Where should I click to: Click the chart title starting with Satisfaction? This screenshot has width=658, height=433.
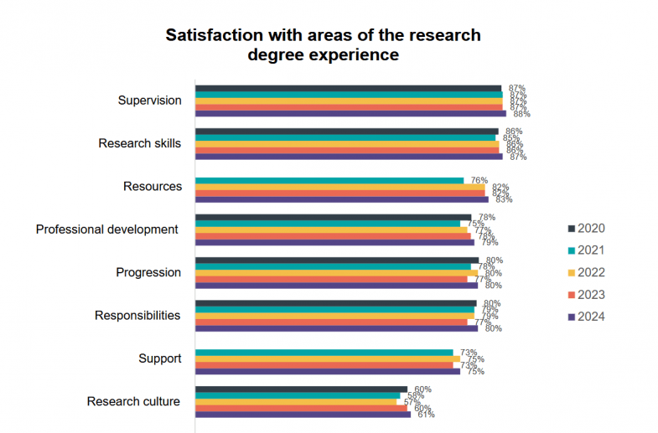pyautogui.click(x=323, y=45)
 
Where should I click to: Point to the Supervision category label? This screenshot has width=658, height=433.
pyautogui.click(x=149, y=101)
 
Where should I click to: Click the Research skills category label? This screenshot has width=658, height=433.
pyautogui.click(x=139, y=143)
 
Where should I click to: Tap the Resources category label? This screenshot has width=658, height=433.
pyautogui.click(x=152, y=186)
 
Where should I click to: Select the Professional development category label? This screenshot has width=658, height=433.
pyautogui.click(x=106, y=229)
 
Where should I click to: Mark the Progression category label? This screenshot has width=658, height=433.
pyautogui.click(x=148, y=272)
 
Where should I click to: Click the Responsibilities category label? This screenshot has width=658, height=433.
pyautogui.click(x=137, y=316)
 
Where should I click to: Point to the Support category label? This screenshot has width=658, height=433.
pyautogui.click(x=159, y=358)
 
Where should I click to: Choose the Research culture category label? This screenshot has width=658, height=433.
pyautogui.click(x=133, y=402)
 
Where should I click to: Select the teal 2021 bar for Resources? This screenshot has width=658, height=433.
pyautogui.click(x=329, y=180)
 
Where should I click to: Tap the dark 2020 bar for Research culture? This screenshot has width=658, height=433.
pyautogui.click(x=301, y=389)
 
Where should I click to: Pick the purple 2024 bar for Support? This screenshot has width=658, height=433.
pyautogui.click(x=328, y=371)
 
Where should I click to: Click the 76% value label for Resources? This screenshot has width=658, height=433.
pyautogui.click(x=479, y=180)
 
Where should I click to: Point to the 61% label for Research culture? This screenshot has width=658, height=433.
pyautogui.click(x=426, y=415)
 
